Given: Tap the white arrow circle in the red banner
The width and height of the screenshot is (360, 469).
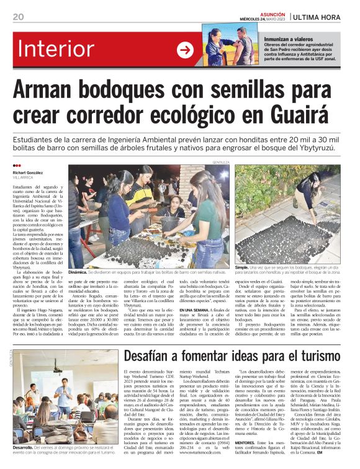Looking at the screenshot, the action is click(x=185, y=50).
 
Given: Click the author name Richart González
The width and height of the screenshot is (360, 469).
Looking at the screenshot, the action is click(x=27, y=172).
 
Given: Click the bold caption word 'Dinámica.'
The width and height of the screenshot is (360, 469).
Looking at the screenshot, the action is click(x=78, y=272).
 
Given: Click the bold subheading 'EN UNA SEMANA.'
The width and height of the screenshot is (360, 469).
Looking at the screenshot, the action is click(x=194, y=309).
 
